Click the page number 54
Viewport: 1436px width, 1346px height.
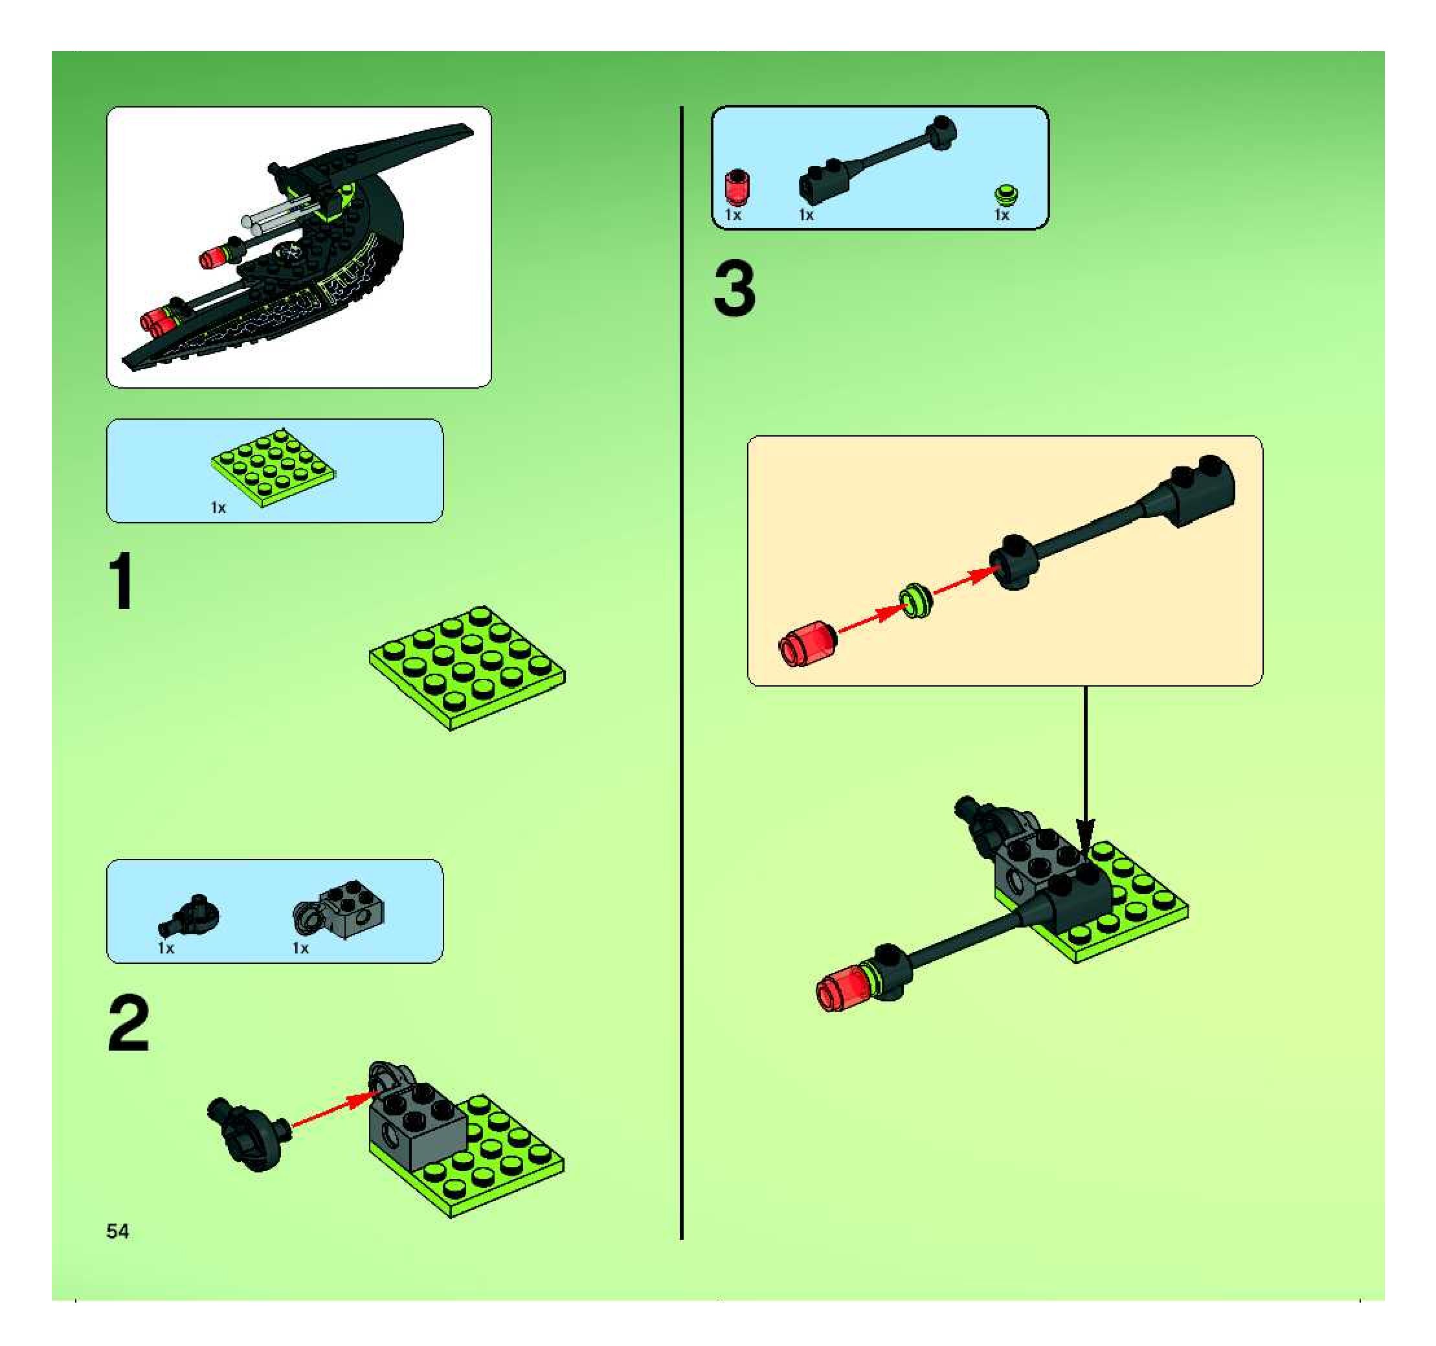(x=118, y=1231)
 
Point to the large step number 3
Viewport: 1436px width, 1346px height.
(x=735, y=290)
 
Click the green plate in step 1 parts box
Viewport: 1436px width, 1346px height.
(x=274, y=468)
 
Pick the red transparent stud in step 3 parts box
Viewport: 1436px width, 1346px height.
(x=737, y=187)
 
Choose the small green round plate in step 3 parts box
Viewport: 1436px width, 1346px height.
(x=1005, y=194)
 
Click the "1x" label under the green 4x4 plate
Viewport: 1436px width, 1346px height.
(x=218, y=508)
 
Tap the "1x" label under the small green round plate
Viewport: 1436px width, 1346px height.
(x=1001, y=214)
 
